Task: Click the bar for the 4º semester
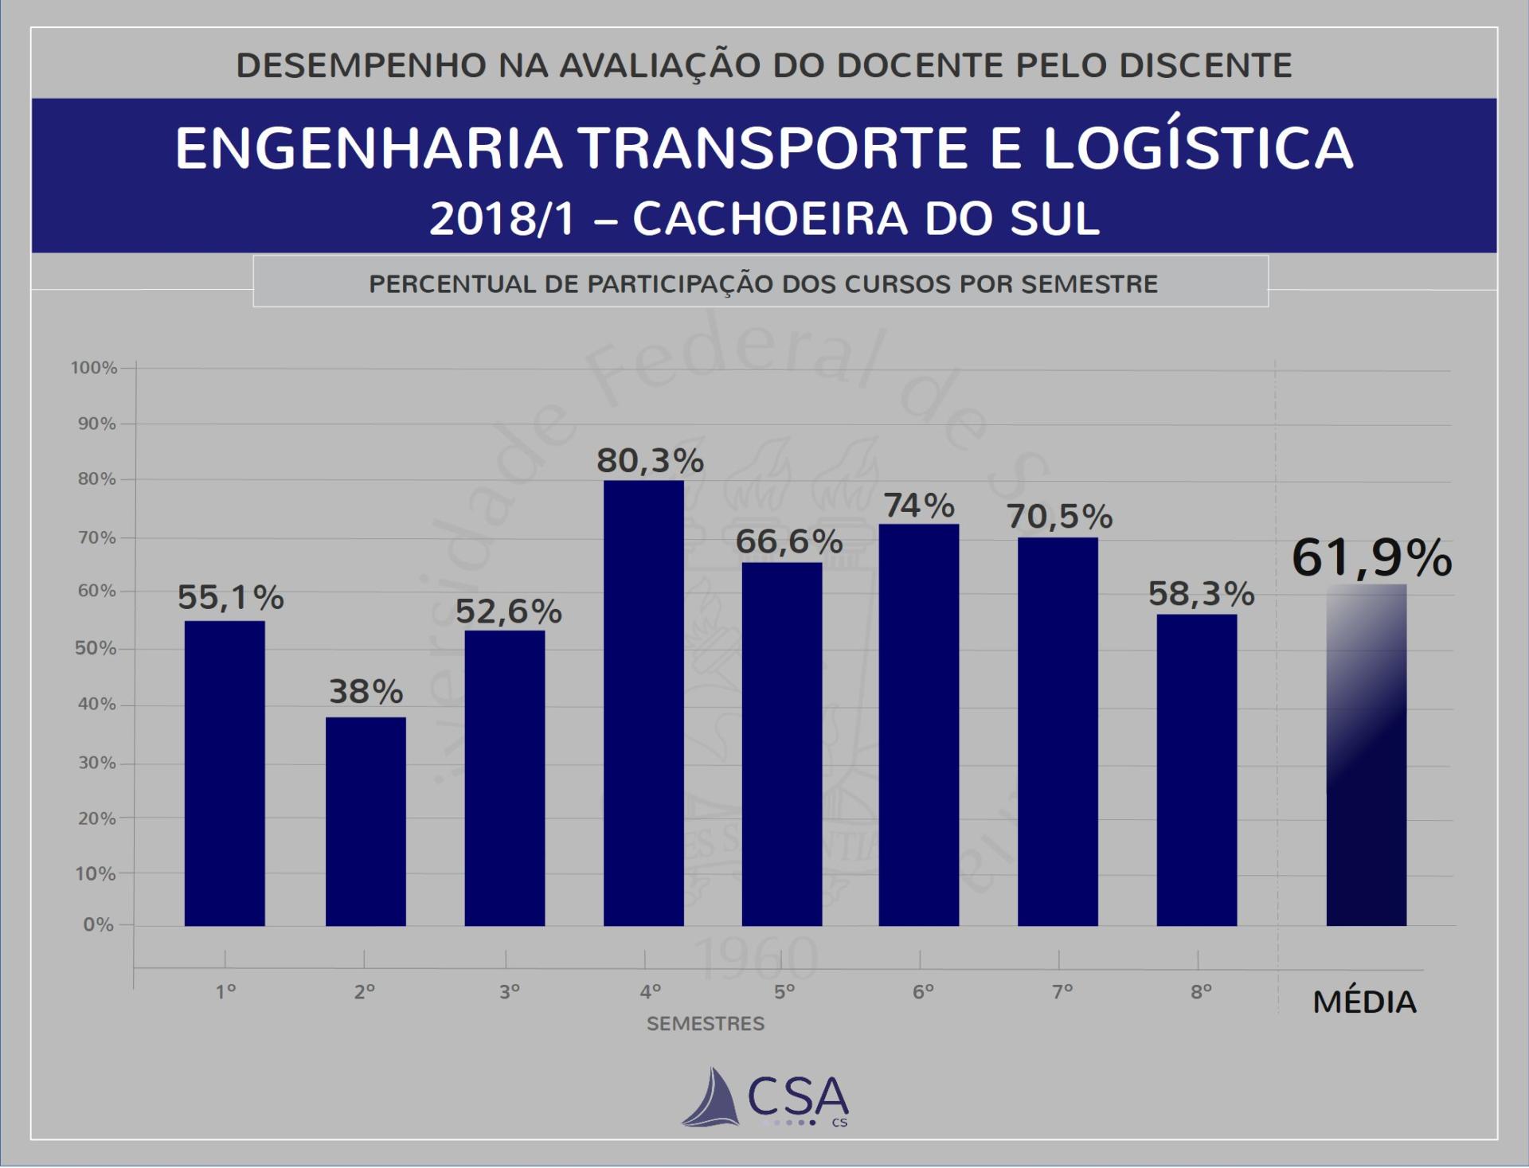[x=643, y=702]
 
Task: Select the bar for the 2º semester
[x=366, y=821]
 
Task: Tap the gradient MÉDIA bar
[x=1366, y=755]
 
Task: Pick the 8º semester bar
[x=1197, y=769]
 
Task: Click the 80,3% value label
[x=651, y=461]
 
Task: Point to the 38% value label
[x=366, y=692]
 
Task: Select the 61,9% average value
[x=1371, y=557]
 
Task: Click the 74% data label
[x=919, y=506]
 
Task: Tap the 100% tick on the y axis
[x=94, y=368]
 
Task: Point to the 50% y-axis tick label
[x=96, y=648]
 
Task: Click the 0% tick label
[x=99, y=924]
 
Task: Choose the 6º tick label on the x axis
[x=923, y=992]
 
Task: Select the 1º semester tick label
[x=226, y=992]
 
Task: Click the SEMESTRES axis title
[x=706, y=1024]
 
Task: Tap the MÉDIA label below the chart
[x=1365, y=1002]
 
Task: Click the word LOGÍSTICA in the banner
[x=1198, y=148]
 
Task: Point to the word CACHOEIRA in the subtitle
[x=770, y=219]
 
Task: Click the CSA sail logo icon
[x=711, y=1098]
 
